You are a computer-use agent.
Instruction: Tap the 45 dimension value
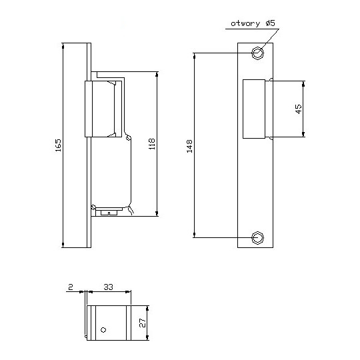299,109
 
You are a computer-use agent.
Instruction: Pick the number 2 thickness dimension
71,288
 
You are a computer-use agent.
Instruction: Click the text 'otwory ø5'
253,23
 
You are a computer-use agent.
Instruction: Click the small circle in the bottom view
103,329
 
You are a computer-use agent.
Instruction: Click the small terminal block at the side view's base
109,213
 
